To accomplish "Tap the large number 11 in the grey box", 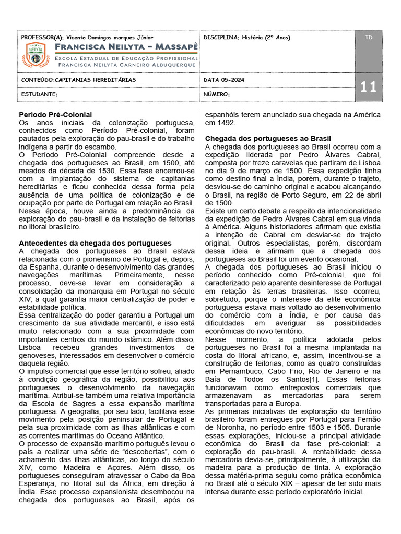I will pos(368,87).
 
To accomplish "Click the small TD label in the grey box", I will pos(369,38).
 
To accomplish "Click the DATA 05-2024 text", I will pos(223,80).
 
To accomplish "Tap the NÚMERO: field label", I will pos(217,94).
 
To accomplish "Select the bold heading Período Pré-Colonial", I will pos(55,114).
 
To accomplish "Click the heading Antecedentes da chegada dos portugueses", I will pos(95,243).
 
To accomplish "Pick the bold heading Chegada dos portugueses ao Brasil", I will pos(268,139).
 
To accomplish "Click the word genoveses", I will pos(38,355).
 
